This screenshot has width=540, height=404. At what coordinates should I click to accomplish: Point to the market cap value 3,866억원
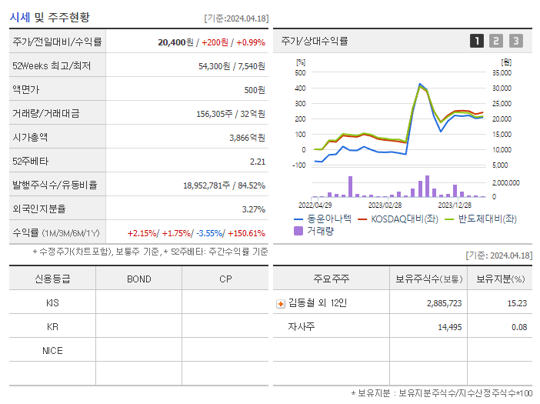tap(246, 137)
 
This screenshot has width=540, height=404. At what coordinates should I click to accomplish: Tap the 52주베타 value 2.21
tap(257, 161)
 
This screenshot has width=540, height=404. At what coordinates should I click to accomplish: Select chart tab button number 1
tap(477, 41)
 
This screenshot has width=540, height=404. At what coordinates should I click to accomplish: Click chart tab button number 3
tap(515, 41)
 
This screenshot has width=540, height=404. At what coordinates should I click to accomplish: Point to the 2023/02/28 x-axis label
tap(385, 205)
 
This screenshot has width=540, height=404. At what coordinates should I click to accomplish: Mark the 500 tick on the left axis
tap(300, 72)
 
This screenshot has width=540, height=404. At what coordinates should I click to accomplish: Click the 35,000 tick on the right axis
tap(501, 72)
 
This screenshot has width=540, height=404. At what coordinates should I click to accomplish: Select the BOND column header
tap(138, 279)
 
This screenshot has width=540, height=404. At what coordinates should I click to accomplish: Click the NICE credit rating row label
tap(52, 350)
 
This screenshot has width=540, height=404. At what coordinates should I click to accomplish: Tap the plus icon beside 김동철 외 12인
tap(281, 303)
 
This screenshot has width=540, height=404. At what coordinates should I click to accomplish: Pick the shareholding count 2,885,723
tap(443, 303)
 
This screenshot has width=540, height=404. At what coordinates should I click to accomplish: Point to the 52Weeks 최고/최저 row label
tap(52, 65)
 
